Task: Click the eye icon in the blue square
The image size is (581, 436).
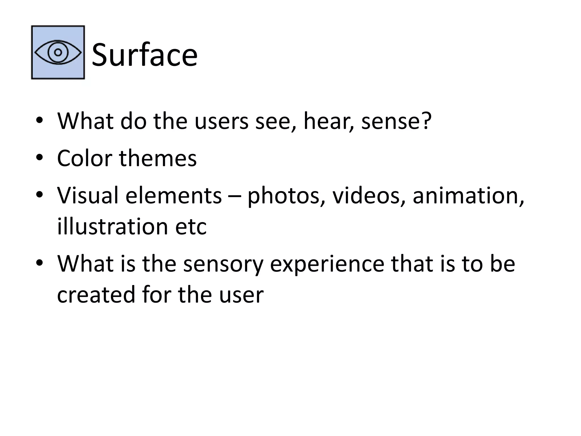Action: [58, 53]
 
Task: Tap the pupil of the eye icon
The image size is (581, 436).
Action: [58, 53]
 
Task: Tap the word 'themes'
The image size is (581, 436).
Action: [158, 158]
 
